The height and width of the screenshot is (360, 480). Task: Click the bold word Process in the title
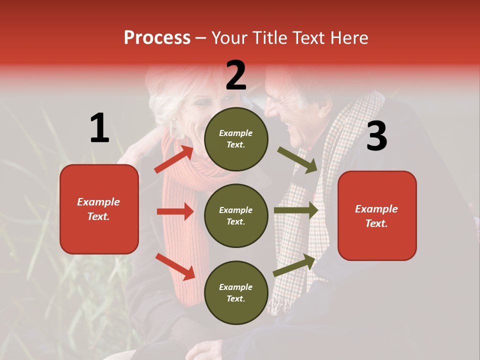157,38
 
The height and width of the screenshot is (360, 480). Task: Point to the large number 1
99,128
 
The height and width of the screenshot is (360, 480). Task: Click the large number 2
236,75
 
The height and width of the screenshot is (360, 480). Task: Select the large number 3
376,136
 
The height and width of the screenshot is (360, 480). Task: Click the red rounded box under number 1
99,209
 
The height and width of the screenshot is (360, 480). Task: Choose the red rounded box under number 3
377,215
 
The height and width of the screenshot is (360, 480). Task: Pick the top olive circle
236,139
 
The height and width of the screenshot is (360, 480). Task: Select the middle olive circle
236,215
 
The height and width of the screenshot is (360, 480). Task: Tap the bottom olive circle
236,292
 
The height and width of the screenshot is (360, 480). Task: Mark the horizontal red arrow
175,211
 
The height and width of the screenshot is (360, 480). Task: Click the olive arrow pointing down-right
297,159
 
